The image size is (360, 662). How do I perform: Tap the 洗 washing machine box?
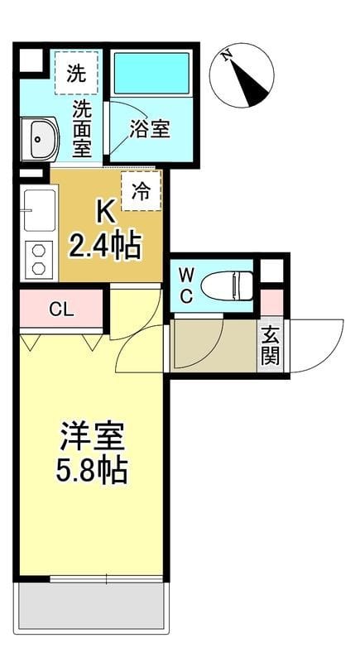[x=76, y=73]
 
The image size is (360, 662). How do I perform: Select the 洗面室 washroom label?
[x=81, y=127]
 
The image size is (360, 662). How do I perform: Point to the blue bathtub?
[x=151, y=73]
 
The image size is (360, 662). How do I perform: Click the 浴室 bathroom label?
[x=151, y=130]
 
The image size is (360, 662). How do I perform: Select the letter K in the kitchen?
[x=106, y=213]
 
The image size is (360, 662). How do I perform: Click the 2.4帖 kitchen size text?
[x=105, y=247]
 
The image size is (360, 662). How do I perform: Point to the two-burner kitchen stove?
[x=38, y=258]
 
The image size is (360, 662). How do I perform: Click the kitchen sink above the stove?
[x=38, y=210]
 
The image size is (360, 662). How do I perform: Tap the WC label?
[x=187, y=285]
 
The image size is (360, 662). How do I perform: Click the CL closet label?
[x=60, y=310]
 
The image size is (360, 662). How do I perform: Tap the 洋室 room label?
[x=91, y=436]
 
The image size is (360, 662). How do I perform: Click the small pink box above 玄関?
[x=271, y=303]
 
